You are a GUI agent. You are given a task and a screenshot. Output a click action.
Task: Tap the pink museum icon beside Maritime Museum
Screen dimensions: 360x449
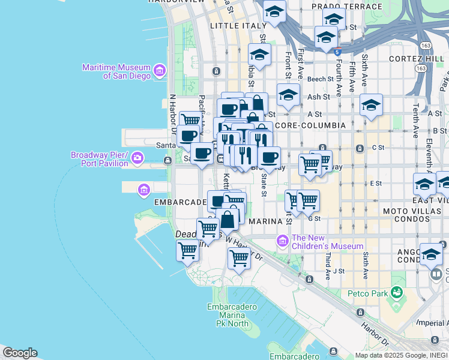click(x=160, y=71)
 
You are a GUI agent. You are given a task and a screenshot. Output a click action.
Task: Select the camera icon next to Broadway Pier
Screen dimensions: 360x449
click(x=138, y=158)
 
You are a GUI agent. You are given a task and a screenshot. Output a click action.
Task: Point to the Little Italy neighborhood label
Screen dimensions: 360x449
click(x=238, y=26)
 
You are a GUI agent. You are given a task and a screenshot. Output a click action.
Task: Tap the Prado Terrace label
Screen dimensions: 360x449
click(x=346, y=7)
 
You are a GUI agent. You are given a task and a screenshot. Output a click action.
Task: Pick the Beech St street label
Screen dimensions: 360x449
click(x=320, y=79)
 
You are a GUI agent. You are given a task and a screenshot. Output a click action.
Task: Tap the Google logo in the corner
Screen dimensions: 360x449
click(x=19, y=353)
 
